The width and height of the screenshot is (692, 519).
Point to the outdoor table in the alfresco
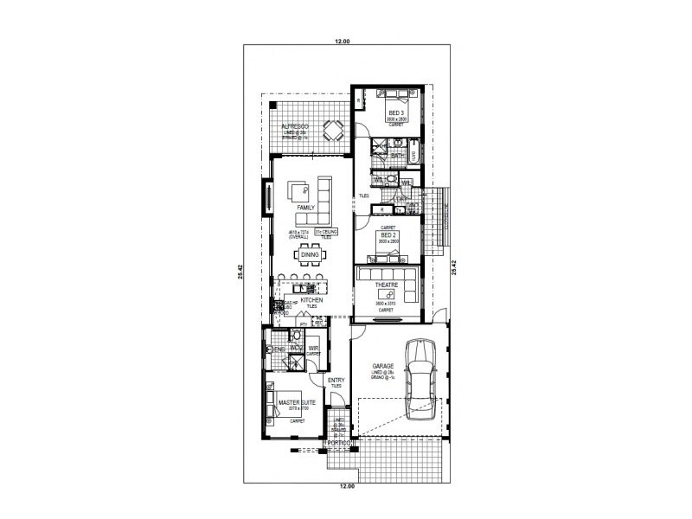(332, 131)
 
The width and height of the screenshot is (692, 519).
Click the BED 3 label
(396, 113)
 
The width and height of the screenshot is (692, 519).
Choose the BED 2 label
(388, 234)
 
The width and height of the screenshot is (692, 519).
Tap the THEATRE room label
(386, 285)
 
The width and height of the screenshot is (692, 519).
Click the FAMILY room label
(305, 208)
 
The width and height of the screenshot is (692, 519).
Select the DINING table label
(311, 255)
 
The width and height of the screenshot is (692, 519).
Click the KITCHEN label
(311, 300)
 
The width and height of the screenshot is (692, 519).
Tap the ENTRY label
(336, 380)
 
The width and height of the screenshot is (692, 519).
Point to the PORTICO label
(338, 443)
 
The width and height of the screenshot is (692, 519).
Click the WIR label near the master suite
(313, 349)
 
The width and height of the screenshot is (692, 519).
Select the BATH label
(396, 156)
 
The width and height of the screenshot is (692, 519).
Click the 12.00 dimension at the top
(345, 41)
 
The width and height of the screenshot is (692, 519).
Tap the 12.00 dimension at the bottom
(345, 487)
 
